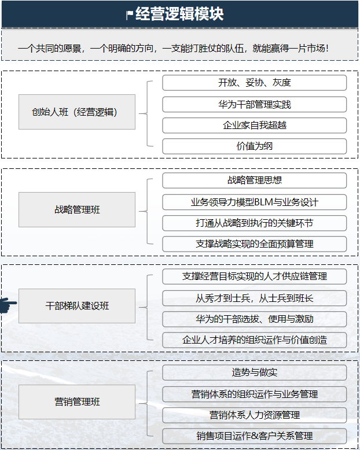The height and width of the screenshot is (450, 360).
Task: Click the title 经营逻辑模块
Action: point(179,14)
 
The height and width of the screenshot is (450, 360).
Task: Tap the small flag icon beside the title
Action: point(129,15)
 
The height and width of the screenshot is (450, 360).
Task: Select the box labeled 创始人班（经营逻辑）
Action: point(77,112)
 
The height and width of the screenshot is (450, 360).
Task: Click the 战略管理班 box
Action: point(77,209)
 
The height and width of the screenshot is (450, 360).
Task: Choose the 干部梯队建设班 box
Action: point(77,305)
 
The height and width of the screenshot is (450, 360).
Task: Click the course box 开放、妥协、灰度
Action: point(254,83)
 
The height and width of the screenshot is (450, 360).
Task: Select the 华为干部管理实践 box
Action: point(254,104)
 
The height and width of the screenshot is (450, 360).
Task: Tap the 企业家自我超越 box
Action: point(254,125)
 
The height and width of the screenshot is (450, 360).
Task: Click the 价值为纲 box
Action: point(254,146)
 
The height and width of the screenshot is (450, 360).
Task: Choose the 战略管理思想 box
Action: point(254,180)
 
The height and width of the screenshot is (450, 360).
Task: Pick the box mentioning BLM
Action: point(254,202)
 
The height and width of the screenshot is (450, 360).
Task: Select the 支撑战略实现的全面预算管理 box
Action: point(254,244)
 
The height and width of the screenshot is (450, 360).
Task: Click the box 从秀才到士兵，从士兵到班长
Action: point(254,298)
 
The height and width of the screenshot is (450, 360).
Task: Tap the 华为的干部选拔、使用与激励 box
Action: point(254,319)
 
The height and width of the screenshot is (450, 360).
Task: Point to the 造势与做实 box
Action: point(254,372)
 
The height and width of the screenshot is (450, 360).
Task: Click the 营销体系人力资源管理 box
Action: point(254,415)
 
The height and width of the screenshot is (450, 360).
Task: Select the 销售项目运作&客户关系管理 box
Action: point(254,436)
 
